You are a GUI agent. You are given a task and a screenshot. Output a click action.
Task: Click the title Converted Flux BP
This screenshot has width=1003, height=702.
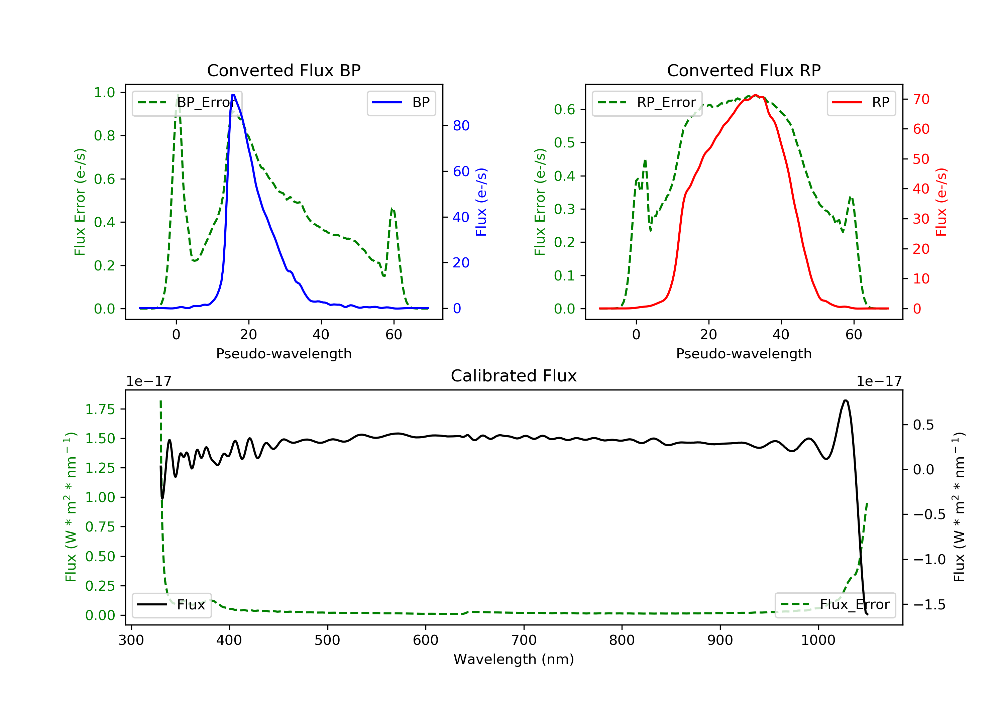pos(284,70)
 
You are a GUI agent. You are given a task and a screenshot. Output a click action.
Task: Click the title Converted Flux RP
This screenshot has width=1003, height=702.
pos(744,70)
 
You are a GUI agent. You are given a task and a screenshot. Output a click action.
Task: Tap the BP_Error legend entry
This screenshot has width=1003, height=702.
pos(187,103)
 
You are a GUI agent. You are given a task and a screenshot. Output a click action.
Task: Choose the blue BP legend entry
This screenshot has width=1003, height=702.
pos(401,103)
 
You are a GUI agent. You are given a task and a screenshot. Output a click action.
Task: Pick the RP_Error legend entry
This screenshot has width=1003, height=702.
pos(647,103)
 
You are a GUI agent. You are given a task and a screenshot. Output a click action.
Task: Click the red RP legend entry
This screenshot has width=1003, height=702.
pos(861,103)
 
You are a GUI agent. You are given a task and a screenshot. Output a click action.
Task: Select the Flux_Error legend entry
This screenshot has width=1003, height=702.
pos(835,605)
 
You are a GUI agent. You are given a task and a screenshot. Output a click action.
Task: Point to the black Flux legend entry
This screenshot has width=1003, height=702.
pos(171,605)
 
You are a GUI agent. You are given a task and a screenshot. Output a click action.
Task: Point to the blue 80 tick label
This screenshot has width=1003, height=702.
pos(461,126)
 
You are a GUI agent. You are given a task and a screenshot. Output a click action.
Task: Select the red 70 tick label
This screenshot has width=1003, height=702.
pos(921,99)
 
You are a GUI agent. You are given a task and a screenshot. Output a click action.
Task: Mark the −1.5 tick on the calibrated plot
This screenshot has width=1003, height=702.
pos(929,605)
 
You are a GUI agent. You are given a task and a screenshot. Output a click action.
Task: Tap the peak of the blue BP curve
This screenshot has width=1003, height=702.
pos(233,95)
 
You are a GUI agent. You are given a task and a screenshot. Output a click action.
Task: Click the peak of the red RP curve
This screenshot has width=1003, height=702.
pos(756,95)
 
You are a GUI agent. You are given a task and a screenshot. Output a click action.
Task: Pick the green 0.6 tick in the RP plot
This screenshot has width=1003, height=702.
pos(564,109)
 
